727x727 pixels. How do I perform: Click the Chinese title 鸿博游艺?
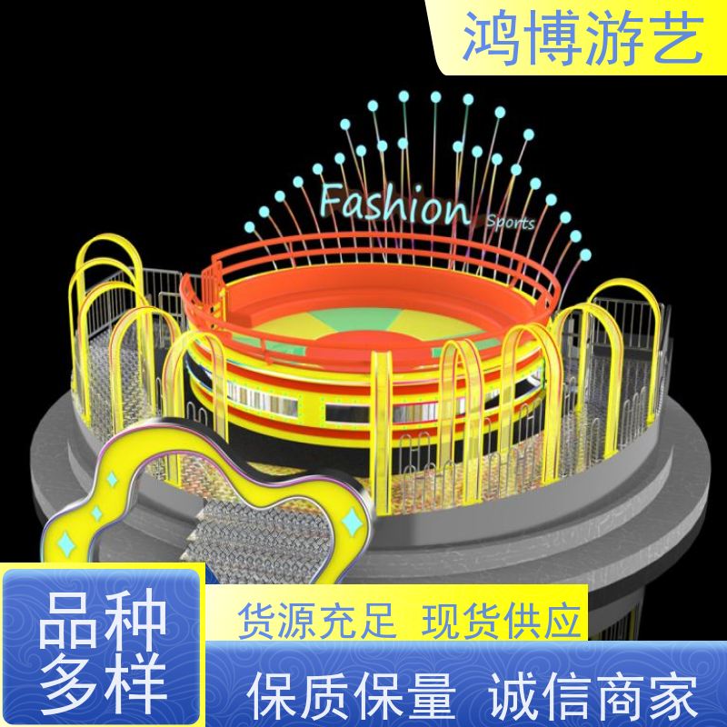click(583, 38)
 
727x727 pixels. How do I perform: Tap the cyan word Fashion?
click(394, 205)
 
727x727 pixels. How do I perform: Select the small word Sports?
click(510, 222)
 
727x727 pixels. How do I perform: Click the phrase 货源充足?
click(317, 621)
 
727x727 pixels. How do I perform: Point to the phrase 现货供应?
click(502, 621)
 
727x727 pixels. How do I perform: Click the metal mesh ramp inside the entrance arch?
click(264, 538)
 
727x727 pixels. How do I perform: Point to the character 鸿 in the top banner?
click(492, 38)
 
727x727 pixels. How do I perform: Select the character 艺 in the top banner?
click(674, 38)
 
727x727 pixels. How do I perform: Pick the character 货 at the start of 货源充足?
click(257, 621)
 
